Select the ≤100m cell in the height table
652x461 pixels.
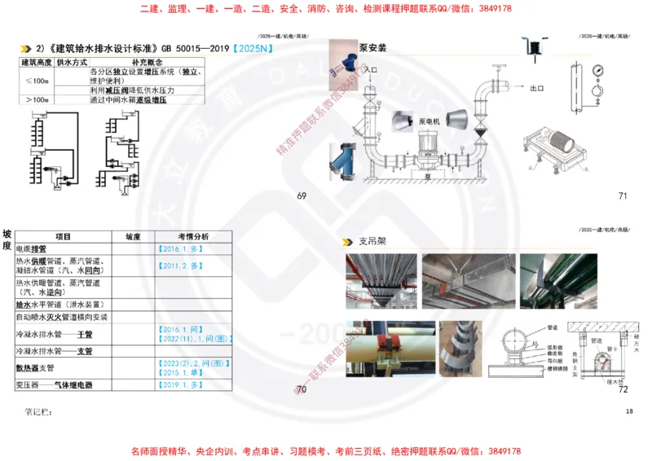[37, 80]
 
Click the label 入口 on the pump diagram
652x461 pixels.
[371, 71]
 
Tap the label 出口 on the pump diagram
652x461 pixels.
[537, 88]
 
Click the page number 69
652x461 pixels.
[301, 195]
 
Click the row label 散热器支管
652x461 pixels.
[42, 367]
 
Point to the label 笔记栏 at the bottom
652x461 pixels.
[39, 412]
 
